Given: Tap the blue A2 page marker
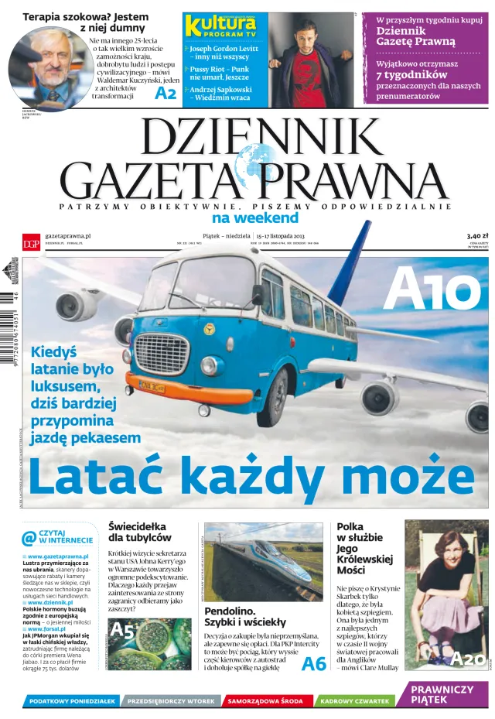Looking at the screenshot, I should [166, 94].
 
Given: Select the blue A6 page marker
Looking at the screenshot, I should [313, 663].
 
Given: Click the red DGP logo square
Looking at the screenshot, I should [31, 241].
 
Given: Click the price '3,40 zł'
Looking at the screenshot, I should [473, 236].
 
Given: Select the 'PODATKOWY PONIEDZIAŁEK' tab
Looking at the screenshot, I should [71, 700].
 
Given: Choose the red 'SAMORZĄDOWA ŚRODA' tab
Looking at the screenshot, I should [265, 700].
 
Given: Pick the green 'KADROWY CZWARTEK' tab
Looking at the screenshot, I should [354, 700].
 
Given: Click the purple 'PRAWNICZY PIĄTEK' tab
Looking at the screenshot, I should [442, 694].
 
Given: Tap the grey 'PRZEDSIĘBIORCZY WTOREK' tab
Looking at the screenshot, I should [170, 700].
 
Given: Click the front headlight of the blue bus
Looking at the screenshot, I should [207, 365].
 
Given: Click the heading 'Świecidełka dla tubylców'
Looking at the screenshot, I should [140, 532].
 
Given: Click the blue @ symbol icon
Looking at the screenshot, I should [29, 537].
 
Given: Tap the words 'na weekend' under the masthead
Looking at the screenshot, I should [255, 217].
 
